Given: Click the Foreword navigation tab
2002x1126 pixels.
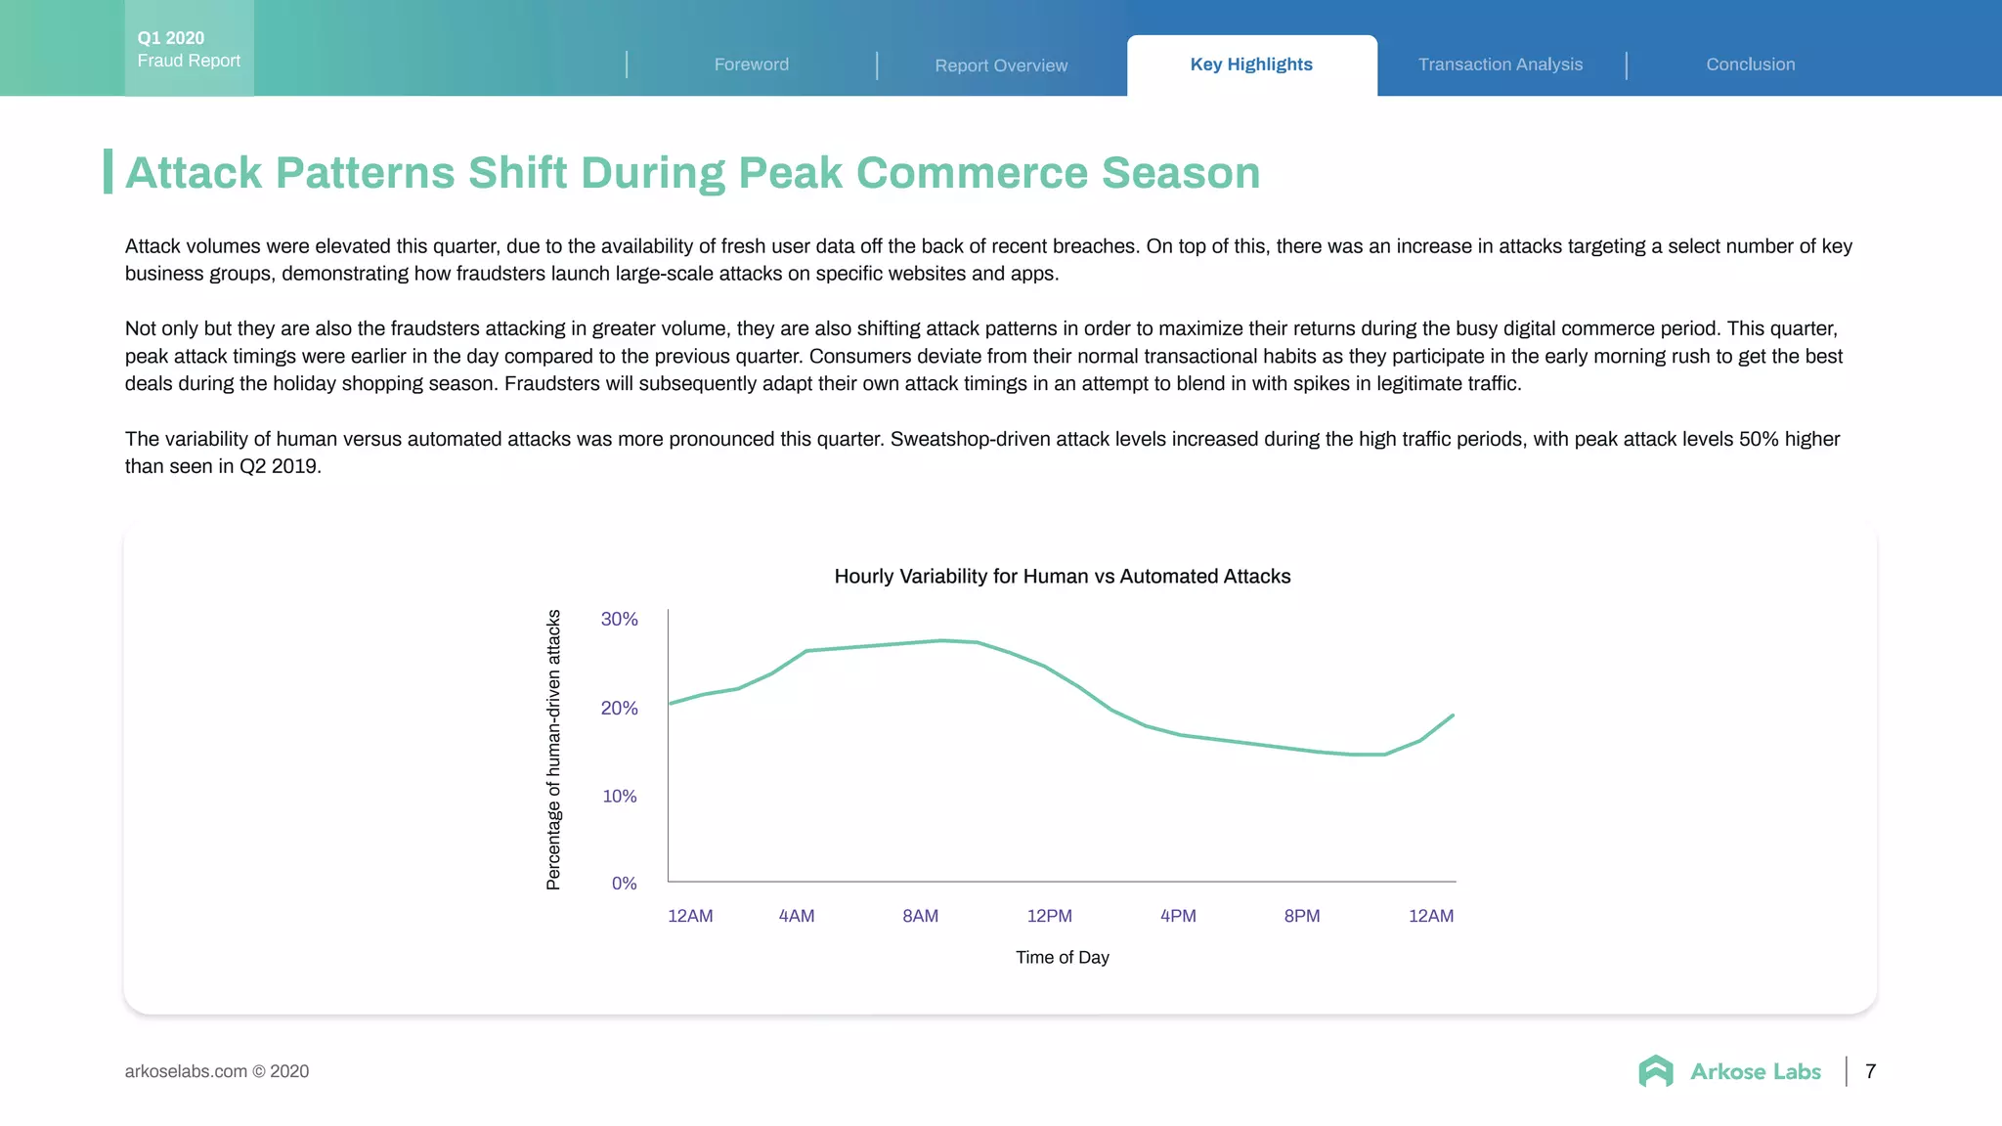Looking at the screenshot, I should [x=751, y=65].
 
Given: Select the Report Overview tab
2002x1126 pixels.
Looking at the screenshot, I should [x=1001, y=65].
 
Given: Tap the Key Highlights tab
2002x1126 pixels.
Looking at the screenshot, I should [x=1251, y=65].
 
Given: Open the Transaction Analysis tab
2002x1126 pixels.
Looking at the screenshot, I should [x=1501, y=65].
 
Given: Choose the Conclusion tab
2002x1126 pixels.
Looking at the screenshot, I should [x=1750, y=65].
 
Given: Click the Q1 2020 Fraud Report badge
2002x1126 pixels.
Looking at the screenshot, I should [x=189, y=49].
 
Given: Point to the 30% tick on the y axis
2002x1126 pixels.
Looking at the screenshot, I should [x=619, y=619].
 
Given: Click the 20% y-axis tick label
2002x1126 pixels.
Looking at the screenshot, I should [x=619, y=708].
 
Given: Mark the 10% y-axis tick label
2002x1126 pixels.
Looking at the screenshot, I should [x=619, y=796].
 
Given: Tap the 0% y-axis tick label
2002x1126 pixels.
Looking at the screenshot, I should [x=624, y=883].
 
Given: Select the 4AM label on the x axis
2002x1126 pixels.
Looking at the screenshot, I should [x=796, y=916].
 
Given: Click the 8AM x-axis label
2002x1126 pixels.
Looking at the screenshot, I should [x=920, y=916].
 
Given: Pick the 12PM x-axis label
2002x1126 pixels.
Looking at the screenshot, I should [x=1049, y=916].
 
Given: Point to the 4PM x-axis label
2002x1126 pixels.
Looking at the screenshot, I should [x=1178, y=916].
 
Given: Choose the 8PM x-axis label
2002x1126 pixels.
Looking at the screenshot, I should [x=1301, y=916].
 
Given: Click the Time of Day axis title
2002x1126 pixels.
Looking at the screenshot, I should [x=1062, y=957].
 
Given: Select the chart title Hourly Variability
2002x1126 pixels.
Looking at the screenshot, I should [x=1062, y=577].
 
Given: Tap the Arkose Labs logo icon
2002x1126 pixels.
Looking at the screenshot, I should [x=1656, y=1071].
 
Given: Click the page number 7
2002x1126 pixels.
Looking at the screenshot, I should [x=1870, y=1071].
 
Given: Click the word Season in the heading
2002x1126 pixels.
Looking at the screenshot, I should [x=1181, y=173].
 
